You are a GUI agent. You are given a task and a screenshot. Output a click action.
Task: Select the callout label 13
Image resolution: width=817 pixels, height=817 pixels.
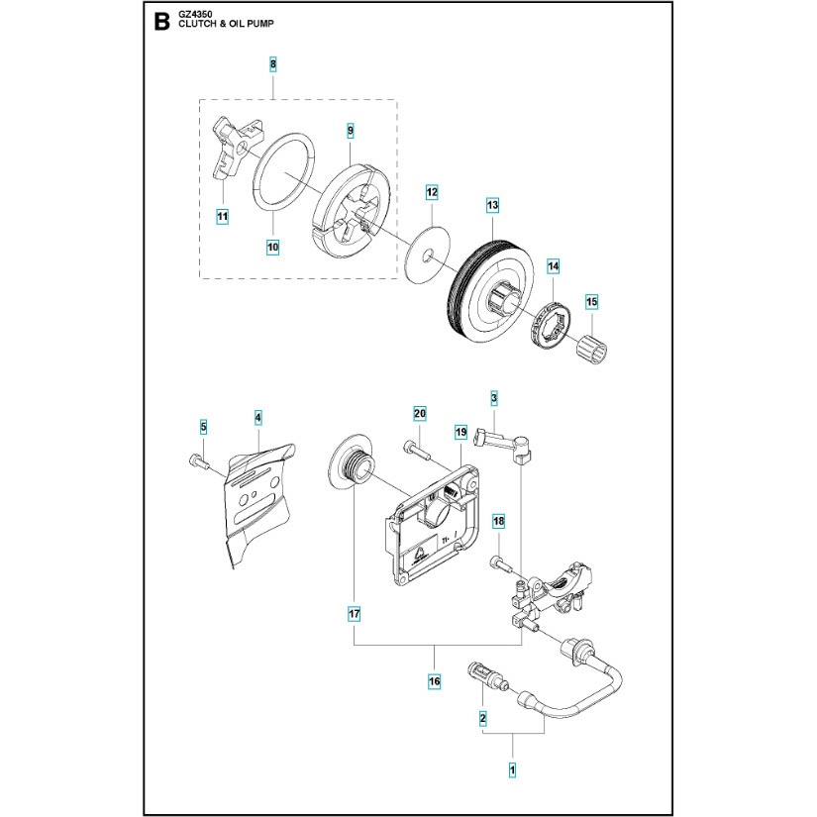(x=491, y=205)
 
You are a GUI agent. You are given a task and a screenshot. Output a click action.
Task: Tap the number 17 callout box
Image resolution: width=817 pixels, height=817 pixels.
(x=354, y=615)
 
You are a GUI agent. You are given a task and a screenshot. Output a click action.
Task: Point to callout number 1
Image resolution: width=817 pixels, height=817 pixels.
(x=512, y=767)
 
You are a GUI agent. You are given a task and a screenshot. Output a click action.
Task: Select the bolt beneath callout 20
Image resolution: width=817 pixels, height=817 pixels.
(x=418, y=452)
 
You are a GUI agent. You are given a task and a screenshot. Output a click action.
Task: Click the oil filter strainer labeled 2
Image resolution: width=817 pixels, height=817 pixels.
(x=486, y=679)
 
